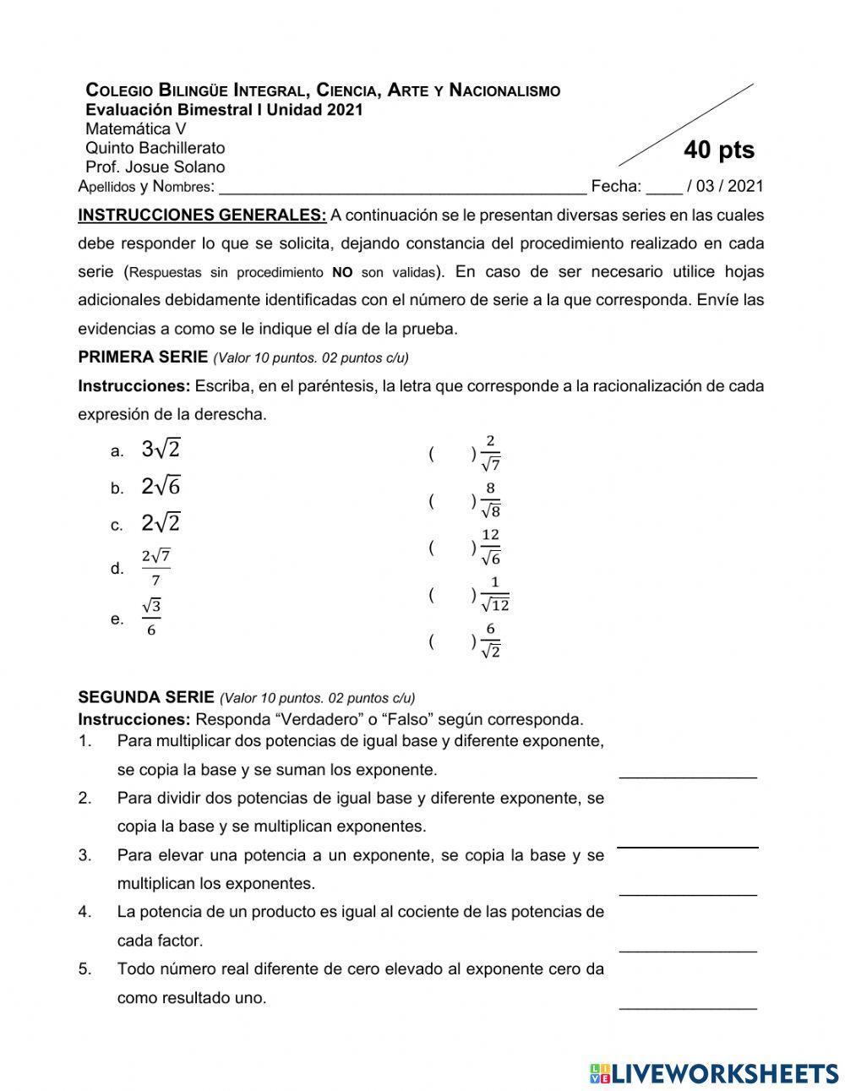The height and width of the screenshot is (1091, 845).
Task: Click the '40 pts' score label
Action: pos(718,150)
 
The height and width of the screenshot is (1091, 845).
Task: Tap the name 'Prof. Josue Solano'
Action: pos(155,166)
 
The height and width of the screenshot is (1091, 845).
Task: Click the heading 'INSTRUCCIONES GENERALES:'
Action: pos(202,215)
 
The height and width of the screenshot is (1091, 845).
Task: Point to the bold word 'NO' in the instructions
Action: pos(342,272)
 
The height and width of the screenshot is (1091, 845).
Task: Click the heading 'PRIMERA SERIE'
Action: pos(143,357)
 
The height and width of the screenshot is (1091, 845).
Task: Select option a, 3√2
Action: pos(161,449)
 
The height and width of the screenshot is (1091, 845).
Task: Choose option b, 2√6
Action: pos(161,486)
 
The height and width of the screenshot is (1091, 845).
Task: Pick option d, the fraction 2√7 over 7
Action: pos(155,568)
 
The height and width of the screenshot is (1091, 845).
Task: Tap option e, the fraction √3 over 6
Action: pos(151,618)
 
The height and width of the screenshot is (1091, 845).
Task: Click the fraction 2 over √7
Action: pos(490,453)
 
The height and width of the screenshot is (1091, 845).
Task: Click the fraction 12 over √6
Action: pos(490,548)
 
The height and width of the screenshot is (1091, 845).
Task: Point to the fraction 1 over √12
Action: pos(494,594)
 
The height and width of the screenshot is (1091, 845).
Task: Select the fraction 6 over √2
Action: pos(490,641)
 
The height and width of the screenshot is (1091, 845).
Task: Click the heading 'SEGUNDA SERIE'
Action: pos(146,697)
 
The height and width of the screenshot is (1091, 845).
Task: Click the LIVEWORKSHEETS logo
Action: pos(713,1072)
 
